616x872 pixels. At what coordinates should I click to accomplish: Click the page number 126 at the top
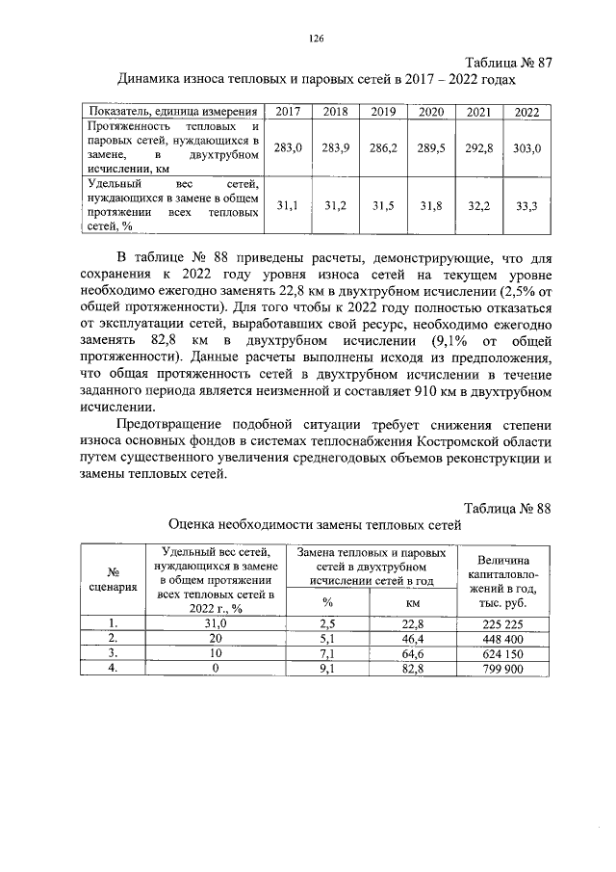[x=314, y=39]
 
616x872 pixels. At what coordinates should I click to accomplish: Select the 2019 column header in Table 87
[x=383, y=112]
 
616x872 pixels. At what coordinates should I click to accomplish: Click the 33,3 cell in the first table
[x=526, y=205]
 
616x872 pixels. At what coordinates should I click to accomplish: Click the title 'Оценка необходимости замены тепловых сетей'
[x=315, y=525]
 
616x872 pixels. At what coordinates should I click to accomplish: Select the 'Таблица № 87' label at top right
[x=510, y=63]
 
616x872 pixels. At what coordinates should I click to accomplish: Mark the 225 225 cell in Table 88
[x=500, y=622]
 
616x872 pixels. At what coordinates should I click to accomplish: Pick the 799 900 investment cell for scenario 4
[x=500, y=669]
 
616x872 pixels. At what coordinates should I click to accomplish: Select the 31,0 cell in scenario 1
[x=216, y=622]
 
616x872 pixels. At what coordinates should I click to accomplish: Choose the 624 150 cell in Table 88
[x=500, y=653]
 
